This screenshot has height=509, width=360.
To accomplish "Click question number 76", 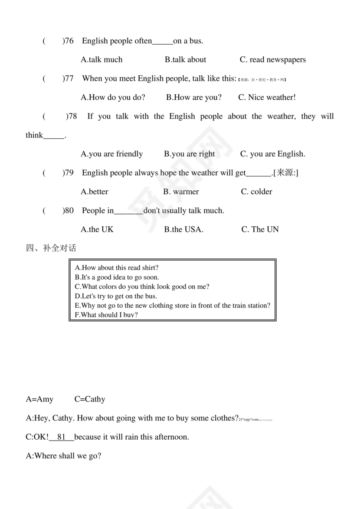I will point(69,41).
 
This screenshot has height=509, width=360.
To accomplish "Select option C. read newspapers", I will point(272,60).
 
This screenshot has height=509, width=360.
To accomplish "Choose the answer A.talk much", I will point(101,60).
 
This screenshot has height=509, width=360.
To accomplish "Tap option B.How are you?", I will point(193,98).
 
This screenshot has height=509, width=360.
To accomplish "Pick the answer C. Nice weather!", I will point(267,98).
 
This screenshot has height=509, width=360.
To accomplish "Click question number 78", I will point(72,117).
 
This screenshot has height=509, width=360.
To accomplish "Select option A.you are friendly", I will point(111,154).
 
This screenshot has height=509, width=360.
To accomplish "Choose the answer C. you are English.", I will point(272,154).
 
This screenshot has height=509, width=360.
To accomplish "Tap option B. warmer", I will point(181,192).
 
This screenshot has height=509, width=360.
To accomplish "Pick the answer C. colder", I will point(256,192).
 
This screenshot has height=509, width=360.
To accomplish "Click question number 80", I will point(69,211).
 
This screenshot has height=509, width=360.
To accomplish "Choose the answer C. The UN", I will point(260,229).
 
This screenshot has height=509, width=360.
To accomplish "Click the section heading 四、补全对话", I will point(51,248).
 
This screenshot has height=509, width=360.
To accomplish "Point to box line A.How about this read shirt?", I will point(117,268).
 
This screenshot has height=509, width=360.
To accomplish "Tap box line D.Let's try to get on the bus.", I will point(116,296).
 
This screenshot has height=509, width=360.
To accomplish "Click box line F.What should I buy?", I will point(106,315).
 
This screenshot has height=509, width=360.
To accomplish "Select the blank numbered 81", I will point(61,437).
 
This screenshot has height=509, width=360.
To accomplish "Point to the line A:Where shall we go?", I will point(63,456).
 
